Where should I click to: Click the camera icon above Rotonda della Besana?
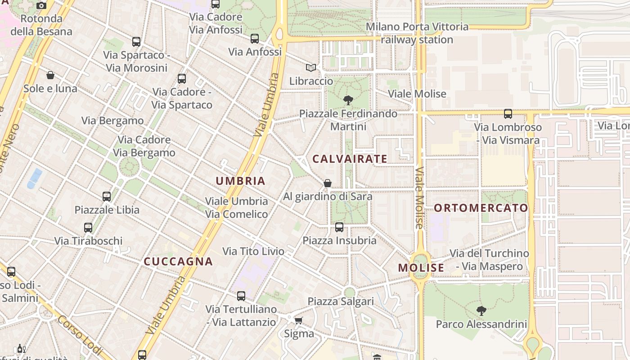[x=41, y=5]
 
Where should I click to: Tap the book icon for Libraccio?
[x=310, y=67]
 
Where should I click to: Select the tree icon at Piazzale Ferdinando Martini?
[x=348, y=100]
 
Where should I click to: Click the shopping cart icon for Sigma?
[x=298, y=320]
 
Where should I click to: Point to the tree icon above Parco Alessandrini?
[x=481, y=310]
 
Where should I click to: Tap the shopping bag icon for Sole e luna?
[x=50, y=75]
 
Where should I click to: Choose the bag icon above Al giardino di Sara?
[x=328, y=183]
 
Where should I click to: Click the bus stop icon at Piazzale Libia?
[x=107, y=196]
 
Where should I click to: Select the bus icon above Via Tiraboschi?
[x=88, y=227]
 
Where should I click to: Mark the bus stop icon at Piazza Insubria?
[x=339, y=227]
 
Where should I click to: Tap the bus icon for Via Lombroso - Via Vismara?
[x=508, y=113]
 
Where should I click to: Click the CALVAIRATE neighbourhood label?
[x=350, y=159]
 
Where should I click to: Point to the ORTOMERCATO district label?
[x=481, y=208]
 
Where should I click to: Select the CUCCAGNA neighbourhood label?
[x=178, y=261]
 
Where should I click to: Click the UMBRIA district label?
[x=240, y=181]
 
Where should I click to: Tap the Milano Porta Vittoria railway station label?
[x=417, y=33]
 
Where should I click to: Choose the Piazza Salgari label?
[x=341, y=301]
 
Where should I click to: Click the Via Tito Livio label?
[x=253, y=251]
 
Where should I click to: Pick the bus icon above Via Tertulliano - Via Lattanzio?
[x=241, y=296]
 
